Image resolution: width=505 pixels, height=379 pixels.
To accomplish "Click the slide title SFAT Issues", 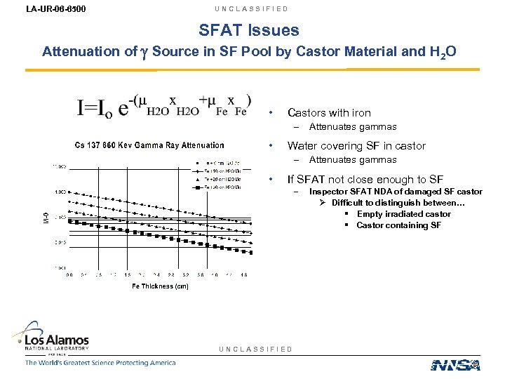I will (249, 30).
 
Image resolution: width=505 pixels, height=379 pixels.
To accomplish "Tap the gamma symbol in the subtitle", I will (144, 52).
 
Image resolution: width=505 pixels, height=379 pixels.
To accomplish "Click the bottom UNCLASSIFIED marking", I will (256, 349).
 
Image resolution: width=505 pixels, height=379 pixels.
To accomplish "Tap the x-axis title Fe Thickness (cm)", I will (160, 286).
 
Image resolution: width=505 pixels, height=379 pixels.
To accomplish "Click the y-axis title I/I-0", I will (47, 218).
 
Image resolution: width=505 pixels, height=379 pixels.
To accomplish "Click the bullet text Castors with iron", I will (329, 112).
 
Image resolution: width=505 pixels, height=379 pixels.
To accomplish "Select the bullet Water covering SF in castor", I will (356, 146).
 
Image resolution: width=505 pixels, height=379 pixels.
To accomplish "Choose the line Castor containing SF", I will (398, 225).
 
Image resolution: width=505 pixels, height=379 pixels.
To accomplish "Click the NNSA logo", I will (455, 364).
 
